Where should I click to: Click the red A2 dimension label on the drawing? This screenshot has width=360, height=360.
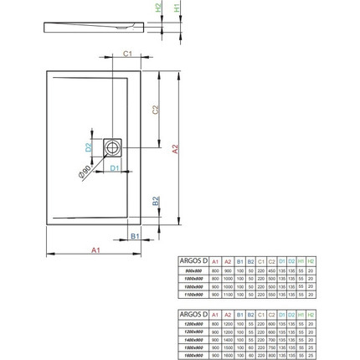[x=176, y=149]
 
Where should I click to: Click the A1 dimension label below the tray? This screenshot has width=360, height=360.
[x=95, y=249]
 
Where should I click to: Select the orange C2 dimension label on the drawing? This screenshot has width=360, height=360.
[x=155, y=110]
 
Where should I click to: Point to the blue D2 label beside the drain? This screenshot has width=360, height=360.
[x=89, y=147]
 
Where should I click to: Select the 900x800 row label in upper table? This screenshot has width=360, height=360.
[x=192, y=270]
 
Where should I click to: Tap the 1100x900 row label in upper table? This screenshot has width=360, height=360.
[x=192, y=293]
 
